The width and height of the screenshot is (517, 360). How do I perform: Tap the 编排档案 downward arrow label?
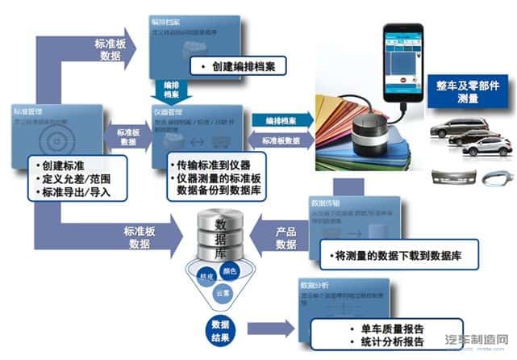click(170, 88)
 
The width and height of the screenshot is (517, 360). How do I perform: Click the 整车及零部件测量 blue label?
click(468, 90)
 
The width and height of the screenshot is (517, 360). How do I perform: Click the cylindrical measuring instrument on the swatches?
click(371, 134)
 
